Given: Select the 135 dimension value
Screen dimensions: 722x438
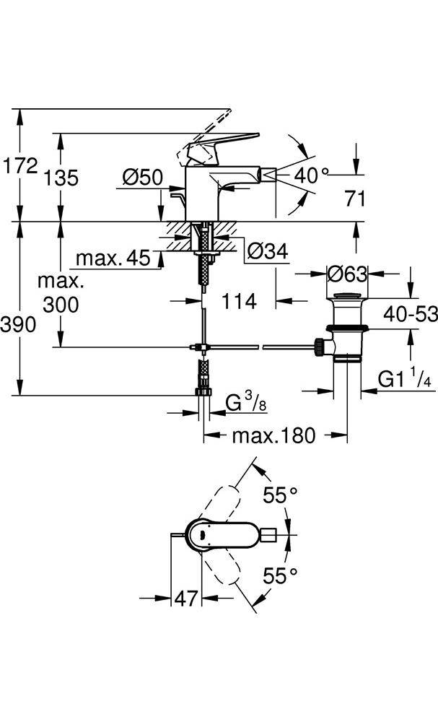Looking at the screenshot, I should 61,178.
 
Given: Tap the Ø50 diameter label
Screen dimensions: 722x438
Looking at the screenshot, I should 142,178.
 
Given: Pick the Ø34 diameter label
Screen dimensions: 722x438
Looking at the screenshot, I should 268,252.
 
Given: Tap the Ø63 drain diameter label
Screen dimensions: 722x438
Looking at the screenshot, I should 347,274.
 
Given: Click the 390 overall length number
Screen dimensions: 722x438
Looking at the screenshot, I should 19,325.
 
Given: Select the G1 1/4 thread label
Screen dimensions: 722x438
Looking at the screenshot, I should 405,379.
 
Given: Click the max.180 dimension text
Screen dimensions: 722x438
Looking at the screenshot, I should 273,435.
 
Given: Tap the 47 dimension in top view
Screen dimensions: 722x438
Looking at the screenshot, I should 186,598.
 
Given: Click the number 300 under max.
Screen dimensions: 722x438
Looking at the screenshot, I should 61,305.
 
